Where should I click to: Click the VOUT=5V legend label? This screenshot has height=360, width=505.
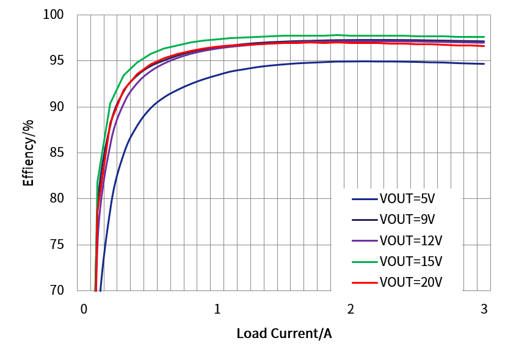tap(407, 199)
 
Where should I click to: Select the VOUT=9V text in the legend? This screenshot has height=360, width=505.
tap(407, 220)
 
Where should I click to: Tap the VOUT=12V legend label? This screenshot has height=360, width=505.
tap(410, 240)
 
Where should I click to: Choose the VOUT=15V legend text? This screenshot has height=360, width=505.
tap(410, 262)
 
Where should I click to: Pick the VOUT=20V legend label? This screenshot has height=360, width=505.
tap(410, 283)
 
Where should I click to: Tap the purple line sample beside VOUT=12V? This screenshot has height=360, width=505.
tap(365, 241)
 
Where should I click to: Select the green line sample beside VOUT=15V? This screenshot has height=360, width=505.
tap(365, 262)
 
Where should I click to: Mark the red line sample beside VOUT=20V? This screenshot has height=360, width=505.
tap(365, 283)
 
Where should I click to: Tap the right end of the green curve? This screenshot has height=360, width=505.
tap(484, 37)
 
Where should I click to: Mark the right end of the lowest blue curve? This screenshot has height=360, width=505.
tap(484, 63)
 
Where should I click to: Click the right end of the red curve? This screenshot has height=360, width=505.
tap(484, 46)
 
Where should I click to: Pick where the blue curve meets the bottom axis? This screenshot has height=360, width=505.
tap(100, 290)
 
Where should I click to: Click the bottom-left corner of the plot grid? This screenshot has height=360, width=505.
tap(78, 290)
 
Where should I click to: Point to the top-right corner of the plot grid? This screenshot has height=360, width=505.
tap(490, 15)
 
